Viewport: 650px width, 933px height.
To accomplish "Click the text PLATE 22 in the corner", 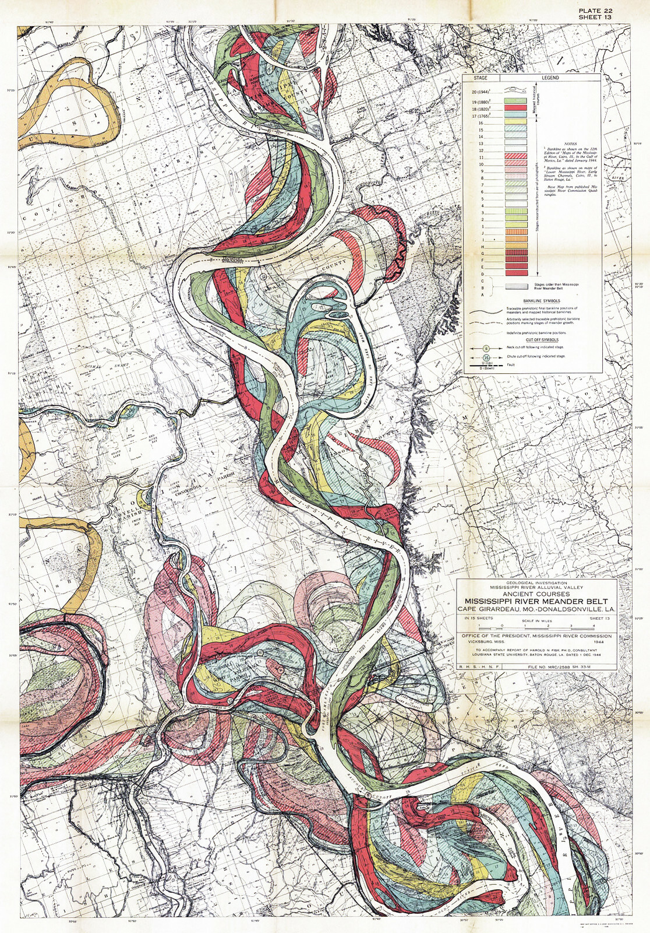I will tap(595, 10).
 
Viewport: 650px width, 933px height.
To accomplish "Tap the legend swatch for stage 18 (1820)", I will tap(515, 108).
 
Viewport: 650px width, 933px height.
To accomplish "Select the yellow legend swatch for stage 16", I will tap(515, 121).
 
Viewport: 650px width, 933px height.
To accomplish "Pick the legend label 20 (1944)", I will tap(481, 92).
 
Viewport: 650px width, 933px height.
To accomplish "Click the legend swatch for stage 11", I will tap(515, 156).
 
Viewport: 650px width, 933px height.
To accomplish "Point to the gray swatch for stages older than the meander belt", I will tap(517, 286).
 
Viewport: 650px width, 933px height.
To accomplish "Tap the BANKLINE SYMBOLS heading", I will tap(542, 301).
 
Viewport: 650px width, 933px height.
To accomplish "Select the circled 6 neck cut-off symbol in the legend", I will tap(486, 348).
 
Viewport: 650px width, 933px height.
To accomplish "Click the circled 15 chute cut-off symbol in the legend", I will tap(486, 357).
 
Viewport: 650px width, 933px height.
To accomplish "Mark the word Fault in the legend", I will tap(511, 365).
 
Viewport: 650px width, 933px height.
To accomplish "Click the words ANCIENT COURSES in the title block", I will tap(536, 594).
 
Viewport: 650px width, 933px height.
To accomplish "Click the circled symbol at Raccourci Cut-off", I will tap(368, 795).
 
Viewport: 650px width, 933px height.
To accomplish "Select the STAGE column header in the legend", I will tap(481, 78).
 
